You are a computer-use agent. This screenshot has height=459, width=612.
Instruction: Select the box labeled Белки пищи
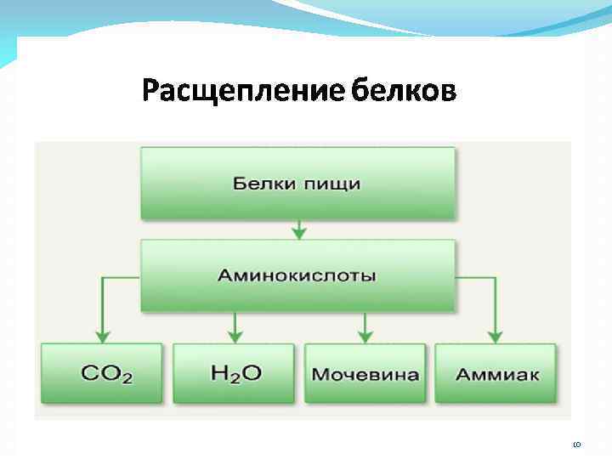tap(297, 184)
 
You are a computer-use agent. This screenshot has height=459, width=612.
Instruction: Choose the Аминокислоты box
tap(297, 275)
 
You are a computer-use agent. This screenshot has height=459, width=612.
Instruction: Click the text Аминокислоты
tap(297, 275)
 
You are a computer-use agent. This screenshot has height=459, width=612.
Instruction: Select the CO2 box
tap(101, 373)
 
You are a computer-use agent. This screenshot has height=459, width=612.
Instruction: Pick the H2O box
tap(234, 373)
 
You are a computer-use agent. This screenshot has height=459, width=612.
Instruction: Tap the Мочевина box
tap(365, 373)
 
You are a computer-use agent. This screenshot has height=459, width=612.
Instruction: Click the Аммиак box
tap(496, 373)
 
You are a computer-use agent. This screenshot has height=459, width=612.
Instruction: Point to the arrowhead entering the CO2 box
tap(102, 337)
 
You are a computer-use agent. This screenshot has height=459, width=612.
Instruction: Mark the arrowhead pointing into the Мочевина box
tap(365, 337)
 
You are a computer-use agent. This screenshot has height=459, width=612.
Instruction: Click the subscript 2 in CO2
tap(127, 378)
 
